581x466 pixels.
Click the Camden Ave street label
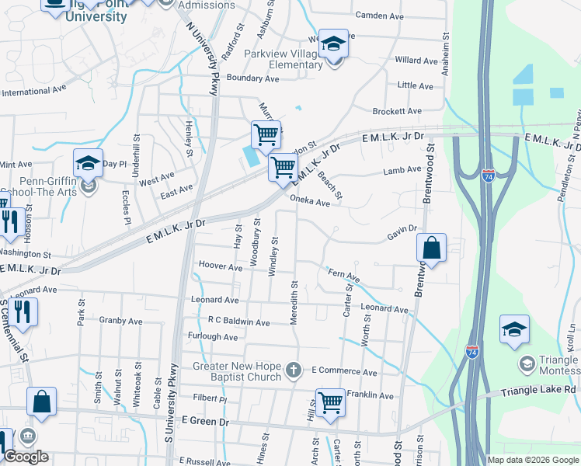(x=380, y=15)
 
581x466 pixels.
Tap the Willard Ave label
(x=416, y=60)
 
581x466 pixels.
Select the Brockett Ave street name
(x=396, y=111)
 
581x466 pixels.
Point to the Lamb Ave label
(x=402, y=171)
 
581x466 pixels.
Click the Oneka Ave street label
(x=310, y=202)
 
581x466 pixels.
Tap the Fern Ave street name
(x=344, y=275)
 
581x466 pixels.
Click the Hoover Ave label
(x=221, y=266)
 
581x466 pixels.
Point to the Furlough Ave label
(x=213, y=337)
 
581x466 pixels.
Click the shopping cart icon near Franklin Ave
(x=330, y=402)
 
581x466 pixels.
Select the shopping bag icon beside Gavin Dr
(x=432, y=249)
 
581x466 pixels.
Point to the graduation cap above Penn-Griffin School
(x=88, y=163)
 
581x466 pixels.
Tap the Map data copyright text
(x=533, y=460)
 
